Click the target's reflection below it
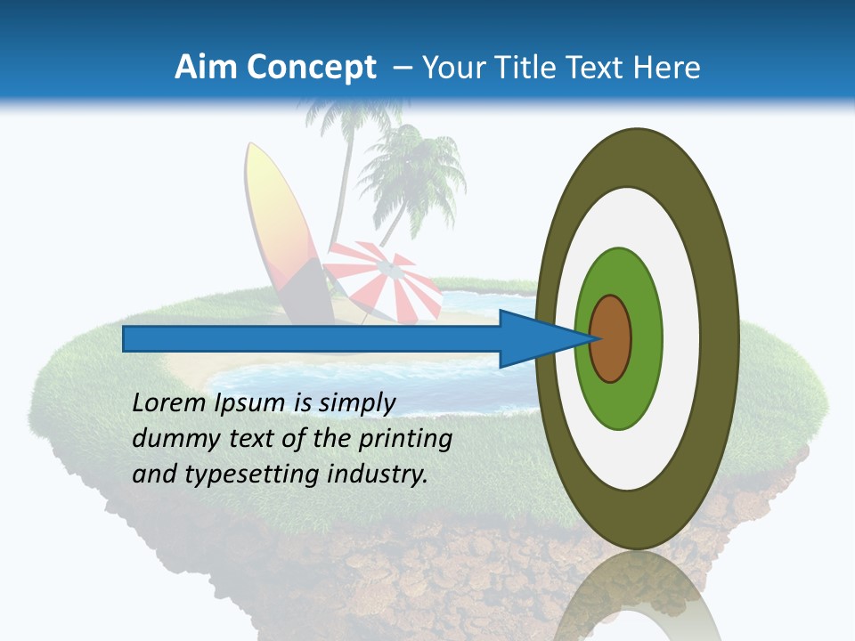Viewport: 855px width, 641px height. [x=637, y=596]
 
